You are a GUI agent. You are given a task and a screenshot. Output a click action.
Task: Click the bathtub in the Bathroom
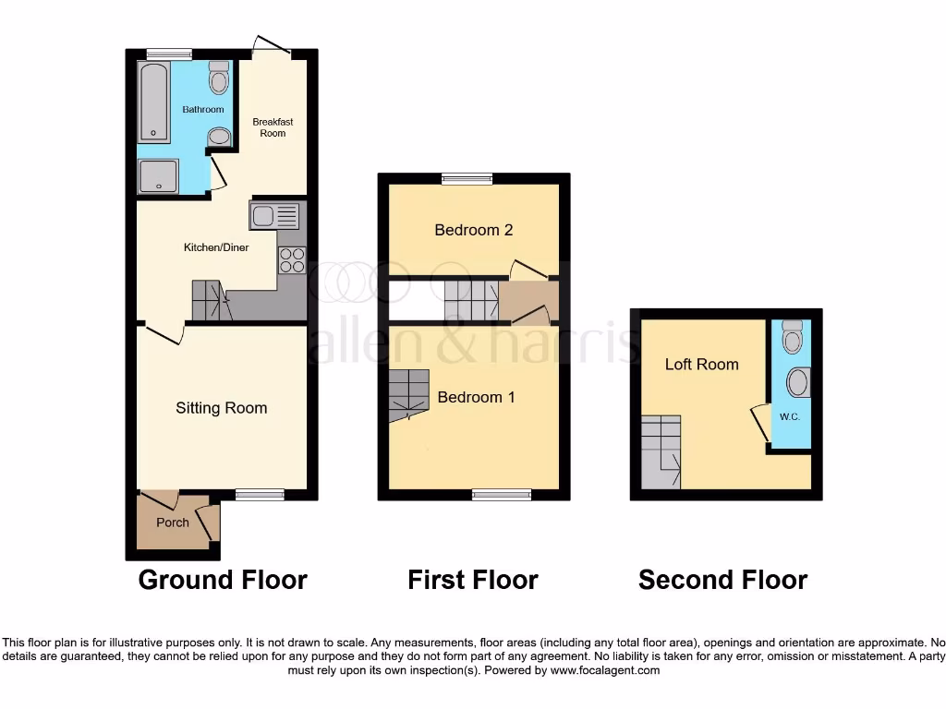154,102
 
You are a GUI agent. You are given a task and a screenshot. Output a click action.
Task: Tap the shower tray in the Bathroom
158,175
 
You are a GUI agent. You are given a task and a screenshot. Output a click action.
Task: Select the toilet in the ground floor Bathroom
219,78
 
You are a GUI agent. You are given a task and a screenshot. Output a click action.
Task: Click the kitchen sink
274,216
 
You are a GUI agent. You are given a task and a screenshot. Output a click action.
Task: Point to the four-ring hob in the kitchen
292,260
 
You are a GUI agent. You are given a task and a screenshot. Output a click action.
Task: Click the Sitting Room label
222,408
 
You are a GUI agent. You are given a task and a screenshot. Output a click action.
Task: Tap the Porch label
173,523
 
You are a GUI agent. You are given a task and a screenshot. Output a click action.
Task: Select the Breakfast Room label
273,127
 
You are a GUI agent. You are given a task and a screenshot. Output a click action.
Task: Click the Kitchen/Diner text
216,247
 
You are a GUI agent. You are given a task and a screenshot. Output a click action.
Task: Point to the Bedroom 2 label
473,230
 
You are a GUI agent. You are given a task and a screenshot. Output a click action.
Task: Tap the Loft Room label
702,365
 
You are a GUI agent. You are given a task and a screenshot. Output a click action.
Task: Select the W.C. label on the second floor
789,415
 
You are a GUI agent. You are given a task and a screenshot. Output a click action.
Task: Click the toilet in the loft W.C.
792,338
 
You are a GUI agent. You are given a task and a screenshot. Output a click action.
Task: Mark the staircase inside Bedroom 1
408,395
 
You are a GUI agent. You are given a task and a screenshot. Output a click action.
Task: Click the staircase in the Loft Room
661,451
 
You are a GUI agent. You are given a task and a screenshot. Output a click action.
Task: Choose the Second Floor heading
722,580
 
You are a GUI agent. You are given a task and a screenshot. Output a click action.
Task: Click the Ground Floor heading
223,580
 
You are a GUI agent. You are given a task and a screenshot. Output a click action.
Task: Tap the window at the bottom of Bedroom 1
502,495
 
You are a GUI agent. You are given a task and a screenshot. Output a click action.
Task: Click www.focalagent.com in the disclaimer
605,670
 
